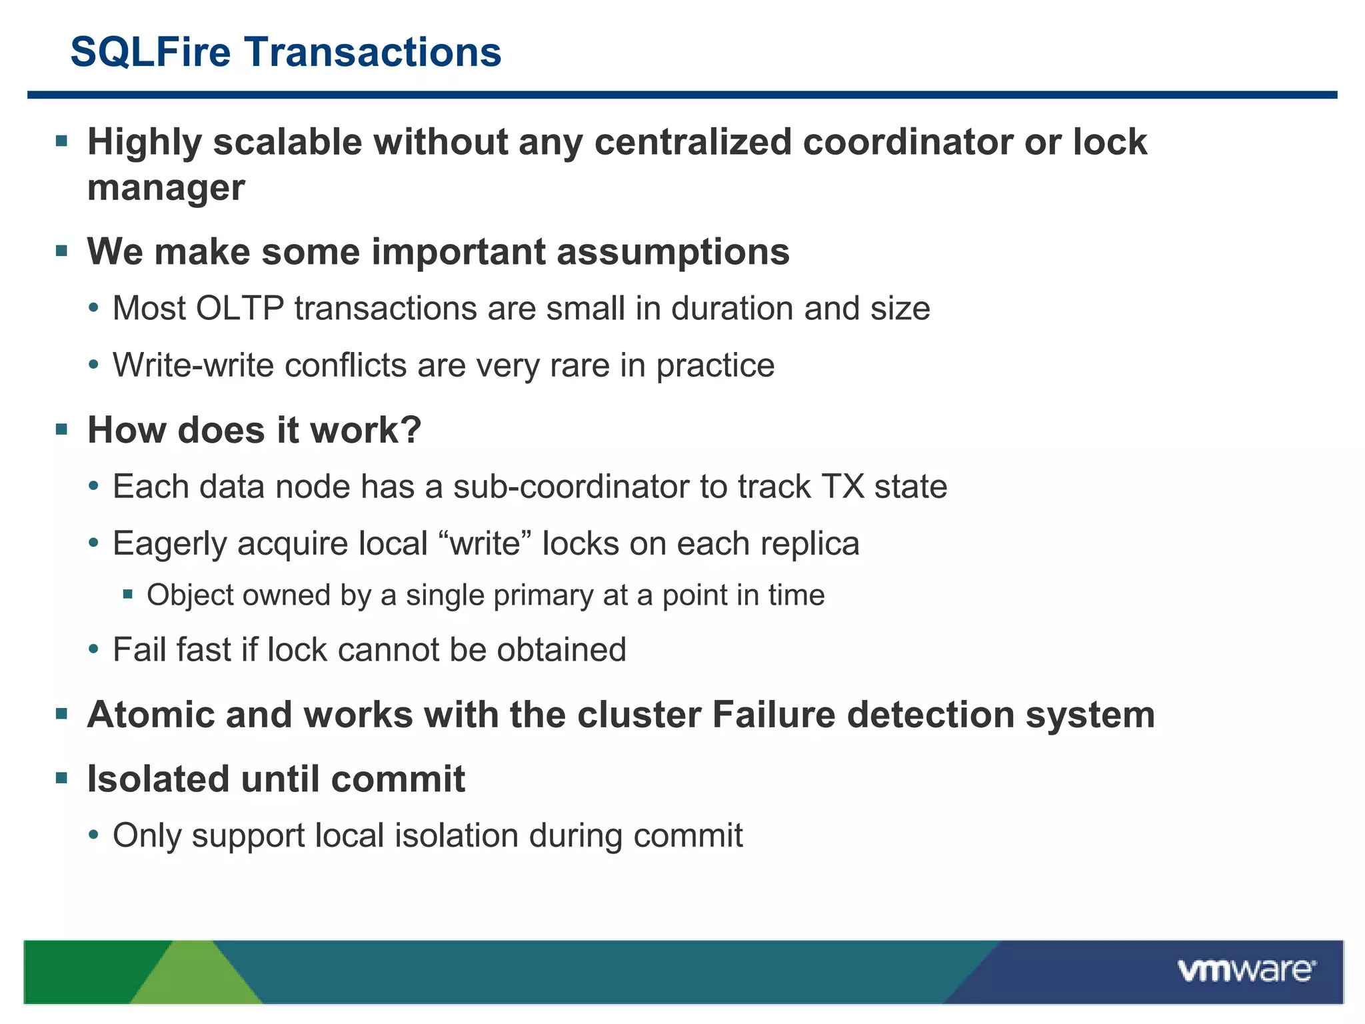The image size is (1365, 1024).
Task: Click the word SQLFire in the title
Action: [150, 52]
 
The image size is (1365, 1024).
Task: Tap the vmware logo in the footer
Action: [1246, 970]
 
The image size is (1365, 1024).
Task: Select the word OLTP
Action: [240, 309]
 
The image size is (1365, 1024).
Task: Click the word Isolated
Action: [157, 779]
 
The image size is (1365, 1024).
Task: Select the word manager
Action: [165, 188]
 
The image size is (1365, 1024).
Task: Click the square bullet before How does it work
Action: [62, 429]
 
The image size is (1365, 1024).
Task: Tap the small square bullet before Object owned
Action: [128, 593]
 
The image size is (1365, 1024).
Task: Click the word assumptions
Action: [673, 252]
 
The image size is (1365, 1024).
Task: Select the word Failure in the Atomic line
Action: [773, 715]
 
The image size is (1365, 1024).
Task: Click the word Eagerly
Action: [170, 544]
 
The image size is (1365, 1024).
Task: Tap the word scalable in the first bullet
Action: [287, 142]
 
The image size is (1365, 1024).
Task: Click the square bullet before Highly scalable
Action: [62, 141]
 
